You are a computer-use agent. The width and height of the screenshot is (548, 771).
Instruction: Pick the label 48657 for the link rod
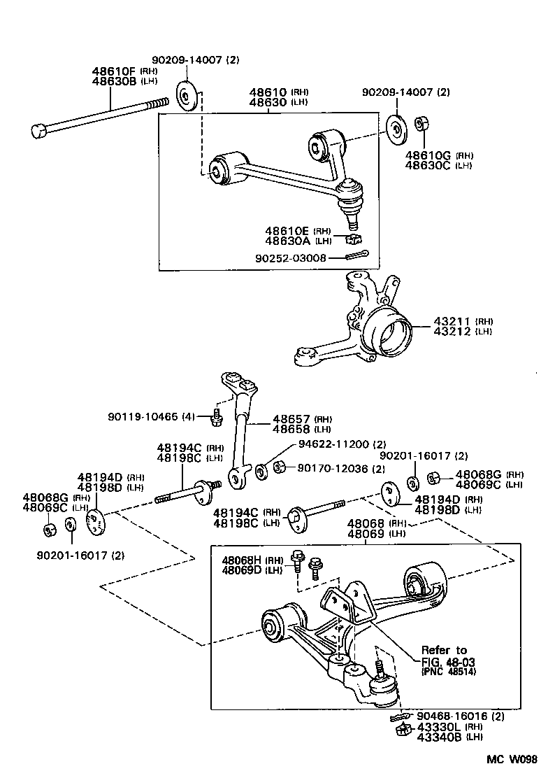click(x=291, y=418)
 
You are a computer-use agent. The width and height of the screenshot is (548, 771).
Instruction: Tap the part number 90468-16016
click(x=452, y=716)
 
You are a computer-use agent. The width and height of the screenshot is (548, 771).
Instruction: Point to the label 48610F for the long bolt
click(x=115, y=71)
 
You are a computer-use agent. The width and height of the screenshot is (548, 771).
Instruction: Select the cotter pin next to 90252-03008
click(x=356, y=256)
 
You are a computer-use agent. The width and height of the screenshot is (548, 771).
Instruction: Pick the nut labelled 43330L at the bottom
click(x=402, y=730)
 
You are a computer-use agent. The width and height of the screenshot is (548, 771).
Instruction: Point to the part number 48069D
click(x=242, y=570)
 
